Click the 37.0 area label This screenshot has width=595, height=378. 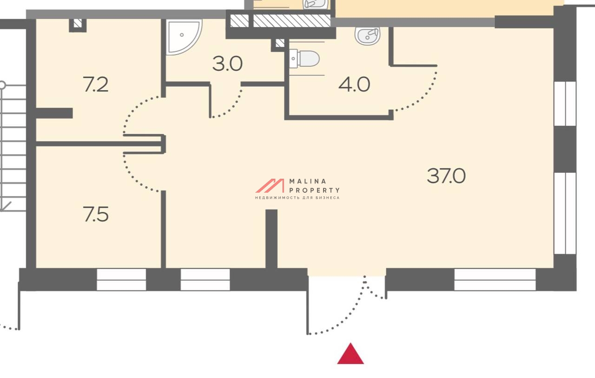click(446, 176)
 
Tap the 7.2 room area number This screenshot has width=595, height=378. click(96, 84)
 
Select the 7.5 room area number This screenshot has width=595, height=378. click(96, 214)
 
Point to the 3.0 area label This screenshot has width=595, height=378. click(228, 64)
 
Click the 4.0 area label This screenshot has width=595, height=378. click(354, 84)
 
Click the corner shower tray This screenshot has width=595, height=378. click(183, 37)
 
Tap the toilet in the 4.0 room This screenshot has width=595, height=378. click(304, 59)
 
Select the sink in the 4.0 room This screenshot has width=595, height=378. click(368, 36)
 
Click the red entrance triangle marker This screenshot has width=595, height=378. click(350, 354)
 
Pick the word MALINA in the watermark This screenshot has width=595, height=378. click(308, 182)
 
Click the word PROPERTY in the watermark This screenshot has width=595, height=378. click(314, 190)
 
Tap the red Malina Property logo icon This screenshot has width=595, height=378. click(270, 186)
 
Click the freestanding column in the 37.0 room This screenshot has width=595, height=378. click(271, 239)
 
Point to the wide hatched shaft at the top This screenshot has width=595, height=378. click(291, 21)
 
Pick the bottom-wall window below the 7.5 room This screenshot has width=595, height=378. click(121, 280)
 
